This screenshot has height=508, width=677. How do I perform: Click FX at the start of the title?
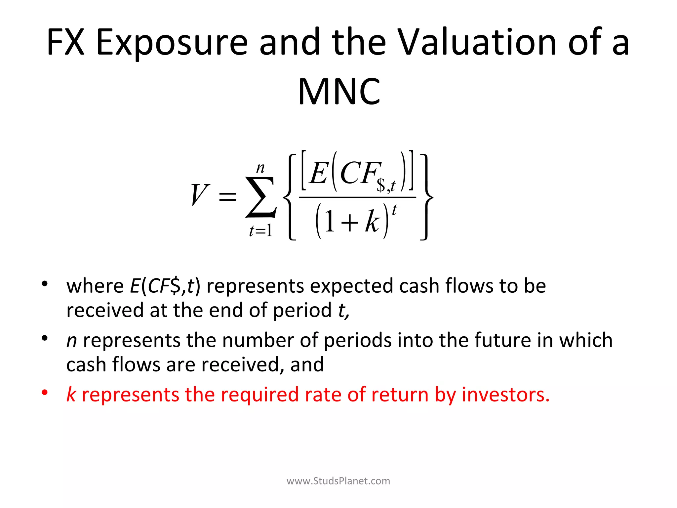point(65,42)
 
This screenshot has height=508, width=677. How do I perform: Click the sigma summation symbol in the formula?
point(260,197)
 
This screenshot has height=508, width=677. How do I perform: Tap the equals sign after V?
point(227,197)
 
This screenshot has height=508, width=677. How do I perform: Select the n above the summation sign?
point(260,168)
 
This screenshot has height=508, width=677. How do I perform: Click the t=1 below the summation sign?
point(261,231)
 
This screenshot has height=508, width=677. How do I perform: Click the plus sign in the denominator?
point(350,222)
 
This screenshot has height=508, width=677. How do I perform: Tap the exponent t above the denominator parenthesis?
point(394,210)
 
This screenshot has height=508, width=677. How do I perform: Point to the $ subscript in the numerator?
point(381,186)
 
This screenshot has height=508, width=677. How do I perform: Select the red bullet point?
point(45,393)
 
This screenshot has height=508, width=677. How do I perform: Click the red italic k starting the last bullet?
point(71,394)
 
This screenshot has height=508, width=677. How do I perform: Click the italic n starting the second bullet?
point(72,341)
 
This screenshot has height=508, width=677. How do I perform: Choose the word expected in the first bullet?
point(351,286)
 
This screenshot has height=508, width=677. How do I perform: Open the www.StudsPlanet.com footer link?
point(338,481)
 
